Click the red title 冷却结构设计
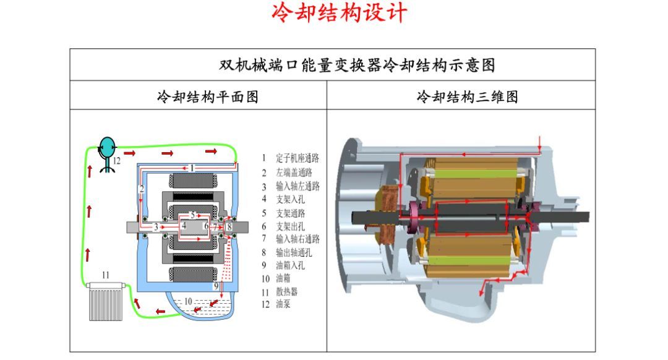click(x=339, y=13)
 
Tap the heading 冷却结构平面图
click(x=207, y=96)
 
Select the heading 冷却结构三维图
click(x=467, y=96)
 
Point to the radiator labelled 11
click(x=106, y=301)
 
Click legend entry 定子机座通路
click(x=298, y=158)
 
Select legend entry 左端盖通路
click(x=294, y=172)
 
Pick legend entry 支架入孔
click(x=290, y=199)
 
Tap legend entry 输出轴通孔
click(x=294, y=252)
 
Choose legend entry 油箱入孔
click(x=290, y=265)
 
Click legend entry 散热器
click(x=287, y=292)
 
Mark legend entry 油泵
click(x=283, y=304)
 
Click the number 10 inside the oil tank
click(x=188, y=302)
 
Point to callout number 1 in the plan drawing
click(x=192, y=168)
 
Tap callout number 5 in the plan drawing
click(x=192, y=215)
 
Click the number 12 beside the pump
click(x=117, y=161)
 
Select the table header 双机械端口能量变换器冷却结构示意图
click(x=357, y=65)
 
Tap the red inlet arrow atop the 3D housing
click(x=539, y=145)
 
